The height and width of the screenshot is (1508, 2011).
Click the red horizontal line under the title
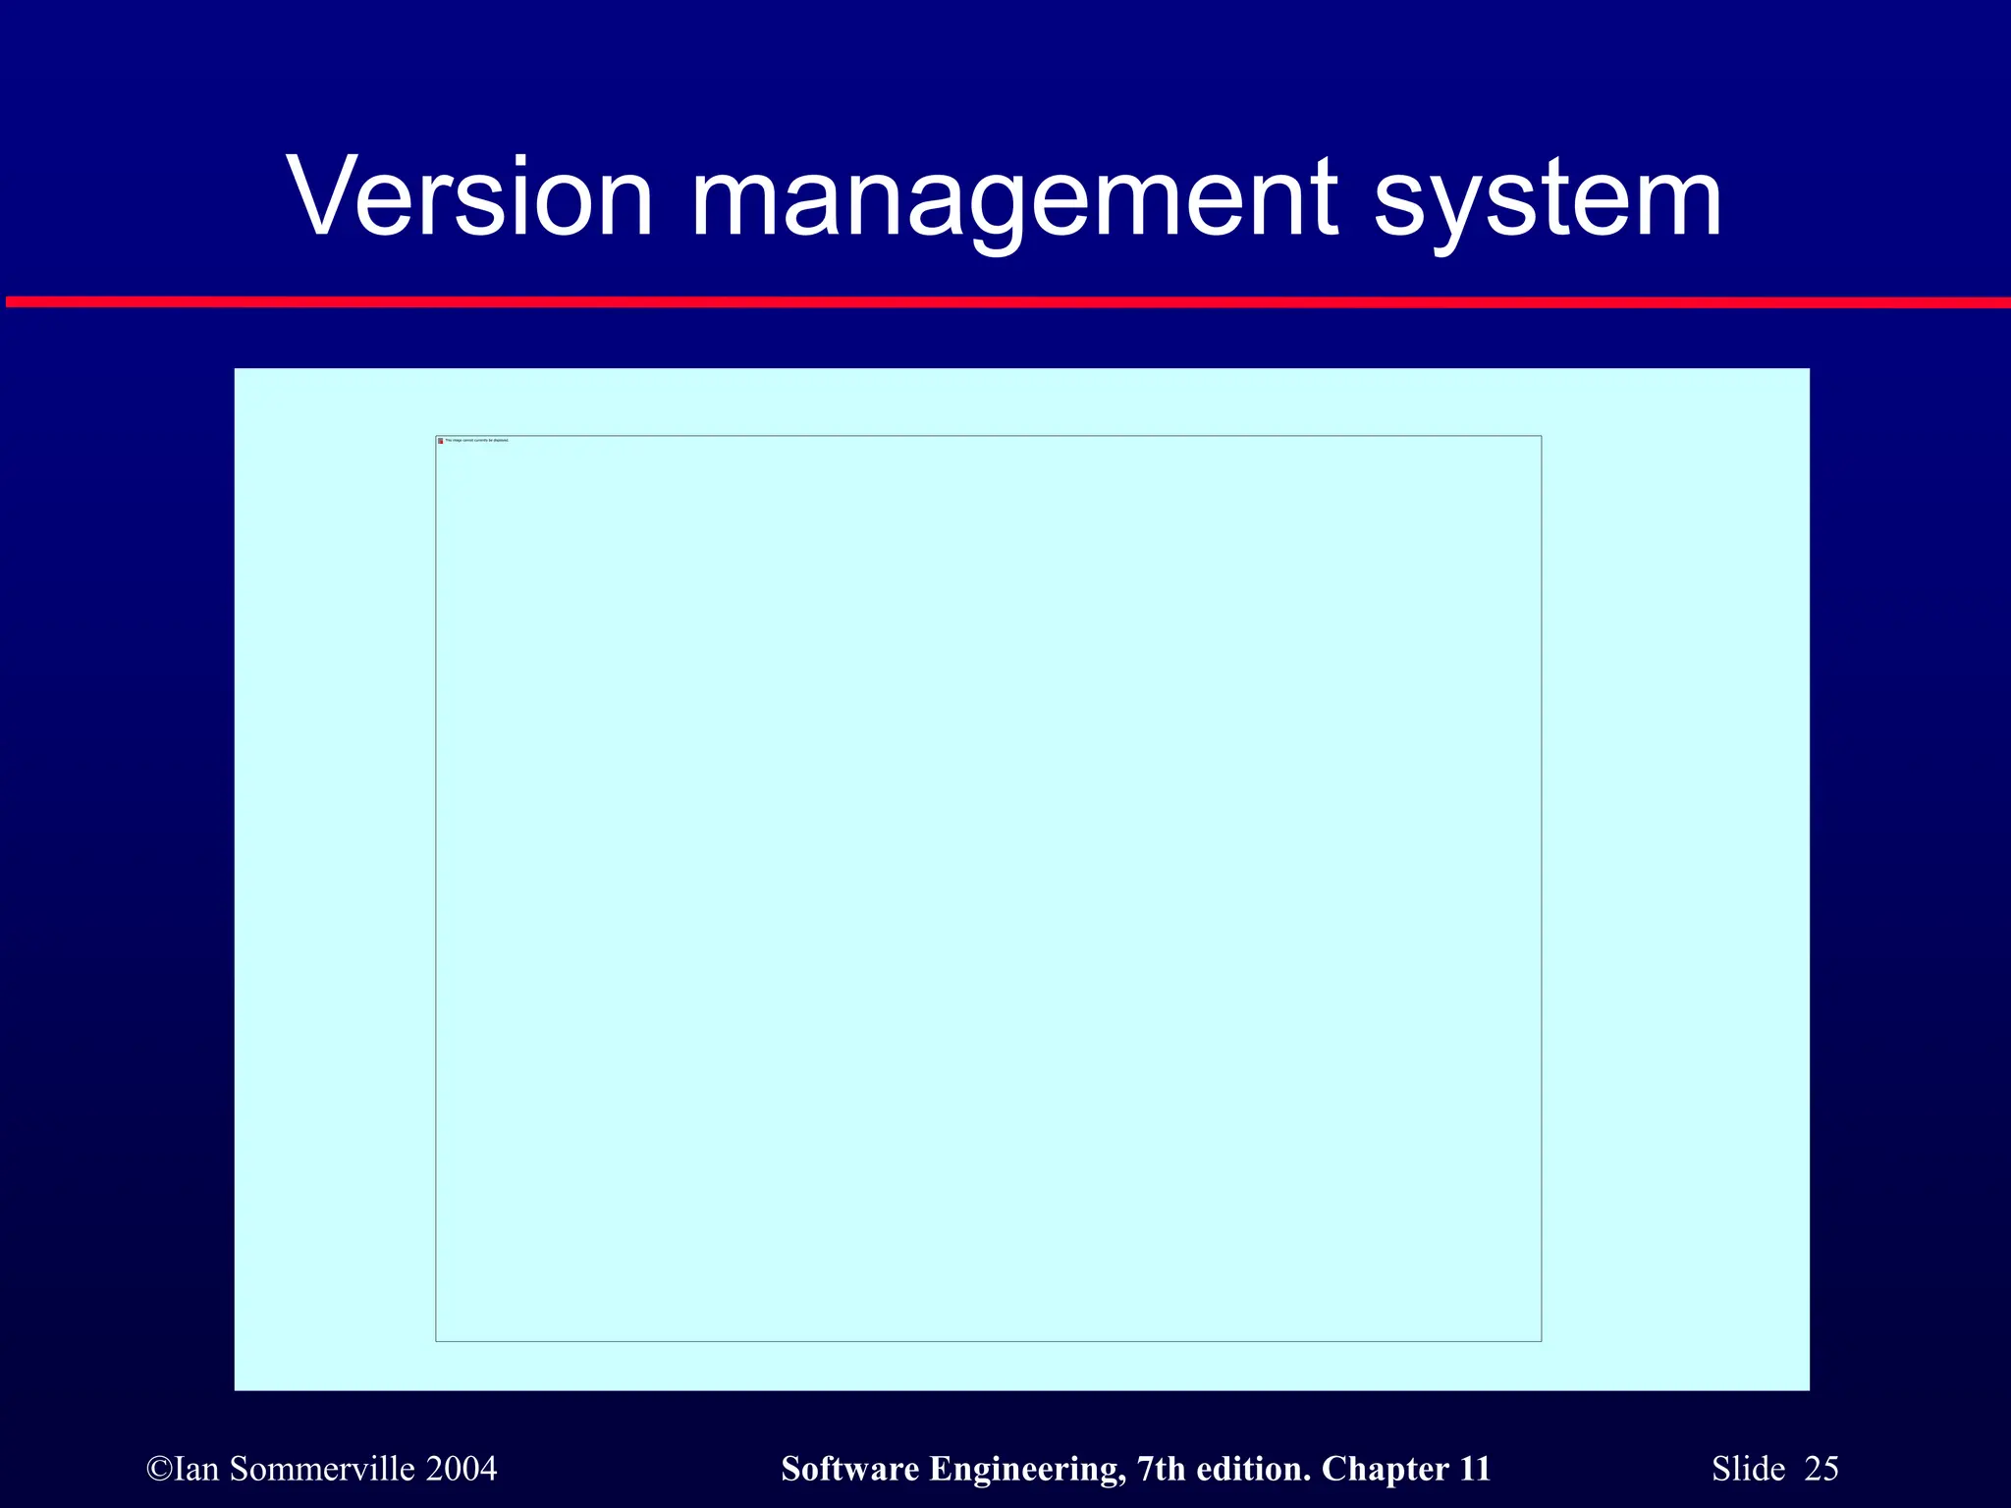coord(1005,302)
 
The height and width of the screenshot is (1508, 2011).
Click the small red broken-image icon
coord(441,441)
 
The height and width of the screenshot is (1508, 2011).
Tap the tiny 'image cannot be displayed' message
coord(477,441)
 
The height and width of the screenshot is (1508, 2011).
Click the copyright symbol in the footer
coord(158,1469)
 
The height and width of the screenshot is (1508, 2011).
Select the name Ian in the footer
coord(196,1469)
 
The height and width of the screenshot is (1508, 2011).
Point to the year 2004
coord(462,1469)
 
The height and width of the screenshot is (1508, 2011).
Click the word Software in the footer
coord(850,1469)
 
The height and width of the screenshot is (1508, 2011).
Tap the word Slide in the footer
coord(1748,1469)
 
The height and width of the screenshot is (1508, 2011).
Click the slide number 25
coord(1821,1469)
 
